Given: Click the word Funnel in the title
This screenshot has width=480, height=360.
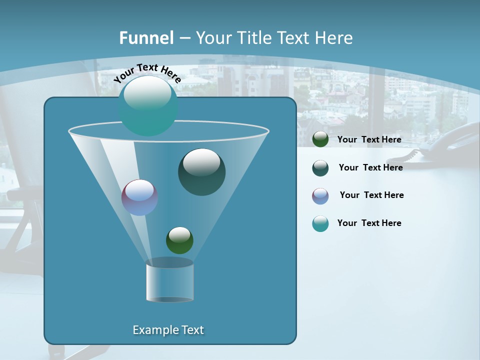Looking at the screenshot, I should [146, 38].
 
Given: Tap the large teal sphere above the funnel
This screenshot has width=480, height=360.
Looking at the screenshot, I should [148, 105].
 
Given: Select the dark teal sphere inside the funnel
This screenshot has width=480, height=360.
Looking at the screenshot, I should [201, 172].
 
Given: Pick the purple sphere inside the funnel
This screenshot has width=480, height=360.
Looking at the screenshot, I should [139, 197].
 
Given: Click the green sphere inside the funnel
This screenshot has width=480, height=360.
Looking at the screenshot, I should [179, 240].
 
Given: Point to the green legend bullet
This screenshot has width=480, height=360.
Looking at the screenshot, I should [320, 139].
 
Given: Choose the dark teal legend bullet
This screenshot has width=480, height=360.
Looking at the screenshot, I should [320, 168].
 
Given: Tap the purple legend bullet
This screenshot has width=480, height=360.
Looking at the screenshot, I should [320, 196].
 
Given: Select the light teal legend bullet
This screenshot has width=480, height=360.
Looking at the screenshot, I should [320, 223].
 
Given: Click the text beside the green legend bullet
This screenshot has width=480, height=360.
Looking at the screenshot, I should [369, 139].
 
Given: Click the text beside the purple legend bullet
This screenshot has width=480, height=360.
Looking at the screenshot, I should [371, 195].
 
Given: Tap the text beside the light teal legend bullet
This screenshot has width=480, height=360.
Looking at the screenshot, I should [369, 223].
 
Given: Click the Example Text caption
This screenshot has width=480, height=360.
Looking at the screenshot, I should [168, 330].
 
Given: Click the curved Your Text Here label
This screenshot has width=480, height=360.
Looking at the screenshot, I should [147, 72].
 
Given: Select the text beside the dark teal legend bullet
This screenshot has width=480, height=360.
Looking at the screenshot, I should [370, 167].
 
